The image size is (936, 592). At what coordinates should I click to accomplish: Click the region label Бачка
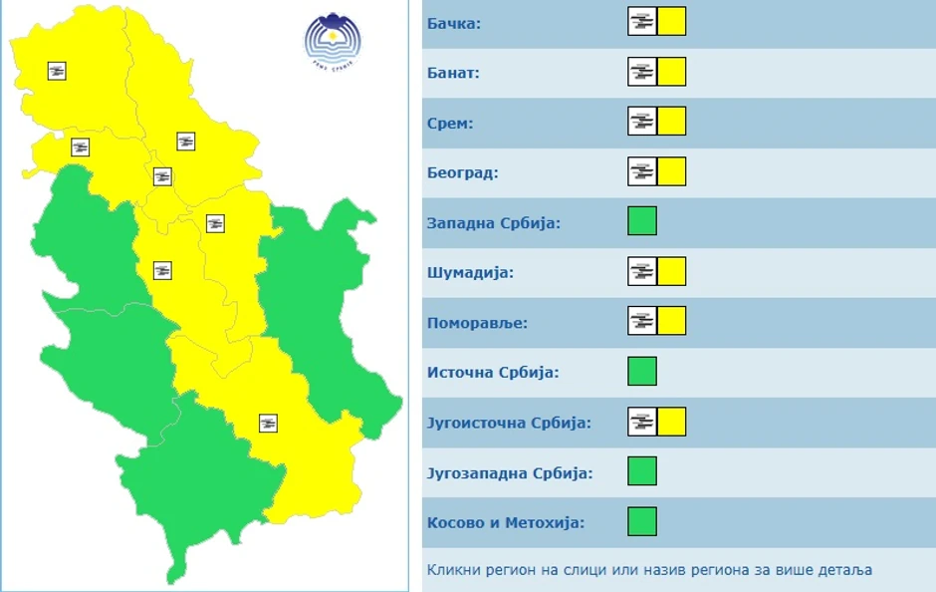point(454,23)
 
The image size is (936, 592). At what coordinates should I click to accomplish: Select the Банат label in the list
point(454,73)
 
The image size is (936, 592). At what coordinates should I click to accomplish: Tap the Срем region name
point(450,123)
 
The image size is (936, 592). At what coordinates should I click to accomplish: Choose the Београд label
point(462,172)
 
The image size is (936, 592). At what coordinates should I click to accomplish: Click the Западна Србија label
point(494,222)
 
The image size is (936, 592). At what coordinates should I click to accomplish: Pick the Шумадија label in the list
point(470,272)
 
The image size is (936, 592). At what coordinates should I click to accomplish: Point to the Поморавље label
point(477,322)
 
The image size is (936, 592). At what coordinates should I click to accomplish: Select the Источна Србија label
point(493,372)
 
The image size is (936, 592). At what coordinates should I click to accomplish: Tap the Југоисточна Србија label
point(509,422)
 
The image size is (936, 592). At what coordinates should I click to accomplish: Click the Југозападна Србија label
point(510,471)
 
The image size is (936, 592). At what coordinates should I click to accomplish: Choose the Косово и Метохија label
point(506,522)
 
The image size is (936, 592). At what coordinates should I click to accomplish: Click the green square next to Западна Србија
point(642,220)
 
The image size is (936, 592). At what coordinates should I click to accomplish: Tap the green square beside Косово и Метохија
point(642,520)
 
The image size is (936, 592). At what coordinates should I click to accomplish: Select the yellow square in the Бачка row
point(672,21)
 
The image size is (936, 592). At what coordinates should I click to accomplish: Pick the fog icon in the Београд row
point(642,171)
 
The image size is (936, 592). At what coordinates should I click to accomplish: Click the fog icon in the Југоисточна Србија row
point(642,422)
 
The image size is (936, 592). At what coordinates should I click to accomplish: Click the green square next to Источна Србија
point(642,371)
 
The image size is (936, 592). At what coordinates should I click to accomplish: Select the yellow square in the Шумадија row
point(672,271)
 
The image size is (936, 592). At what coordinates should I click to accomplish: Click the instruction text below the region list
point(649,570)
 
